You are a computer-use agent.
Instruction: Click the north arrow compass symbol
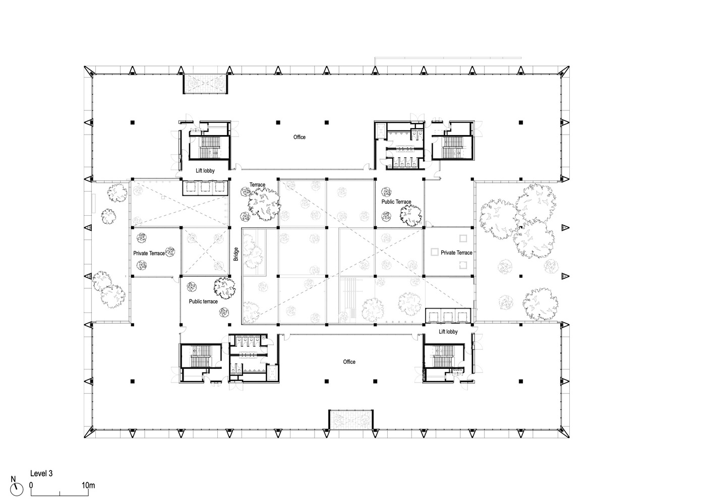pyautogui.click(x=18, y=487)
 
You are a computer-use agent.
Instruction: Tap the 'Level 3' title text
pyautogui.click(x=41, y=474)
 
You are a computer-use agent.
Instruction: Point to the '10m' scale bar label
pyautogui.click(x=88, y=485)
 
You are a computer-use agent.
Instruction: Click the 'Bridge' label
pyautogui.click(x=235, y=254)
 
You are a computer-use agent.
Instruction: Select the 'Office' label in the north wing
pyautogui.click(x=300, y=137)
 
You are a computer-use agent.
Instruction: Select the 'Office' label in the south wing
pyautogui.click(x=349, y=362)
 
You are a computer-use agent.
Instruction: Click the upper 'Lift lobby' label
pyautogui.click(x=205, y=171)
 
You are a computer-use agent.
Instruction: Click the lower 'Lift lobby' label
pyautogui.click(x=448, y=332)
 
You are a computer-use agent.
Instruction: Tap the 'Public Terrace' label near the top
pyautogui.click(x=396, y=202)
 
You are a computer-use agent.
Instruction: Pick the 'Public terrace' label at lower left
pyautogui.click(x=203, y=301)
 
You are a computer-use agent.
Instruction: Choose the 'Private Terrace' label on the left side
pyautogui.click(x=149, y=253)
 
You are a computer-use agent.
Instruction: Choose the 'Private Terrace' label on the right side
pyautogui.click(x=456, y=253)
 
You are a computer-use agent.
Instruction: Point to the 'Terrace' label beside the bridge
pyautogui.click(x=257, y=185)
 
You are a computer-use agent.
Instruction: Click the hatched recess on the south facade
pyautogui.click(x=351, y=420)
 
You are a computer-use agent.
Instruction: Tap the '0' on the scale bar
pyautogui.click(x=31, y=485)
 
